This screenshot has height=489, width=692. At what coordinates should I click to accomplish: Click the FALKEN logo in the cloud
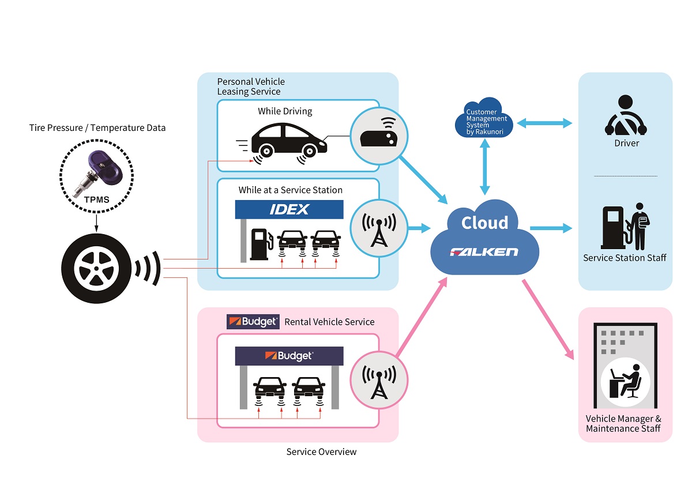pos(484,252)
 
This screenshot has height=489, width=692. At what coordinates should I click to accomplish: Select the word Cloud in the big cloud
pos(484,223)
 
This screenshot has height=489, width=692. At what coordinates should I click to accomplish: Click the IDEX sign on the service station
pos(289,209)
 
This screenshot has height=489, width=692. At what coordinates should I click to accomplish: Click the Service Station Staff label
pos(625,258)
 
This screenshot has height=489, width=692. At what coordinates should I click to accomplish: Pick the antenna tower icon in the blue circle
pos(379,228)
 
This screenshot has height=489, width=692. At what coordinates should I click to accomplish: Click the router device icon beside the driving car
pos(379,137)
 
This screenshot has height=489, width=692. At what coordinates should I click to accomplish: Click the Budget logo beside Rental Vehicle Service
pos(253,322)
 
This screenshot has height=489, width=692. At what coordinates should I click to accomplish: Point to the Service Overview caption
pos(321,452)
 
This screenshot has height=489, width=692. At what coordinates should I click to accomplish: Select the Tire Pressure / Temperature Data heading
pos(97,127)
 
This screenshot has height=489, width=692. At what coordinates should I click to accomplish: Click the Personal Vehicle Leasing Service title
pos(251,86)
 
